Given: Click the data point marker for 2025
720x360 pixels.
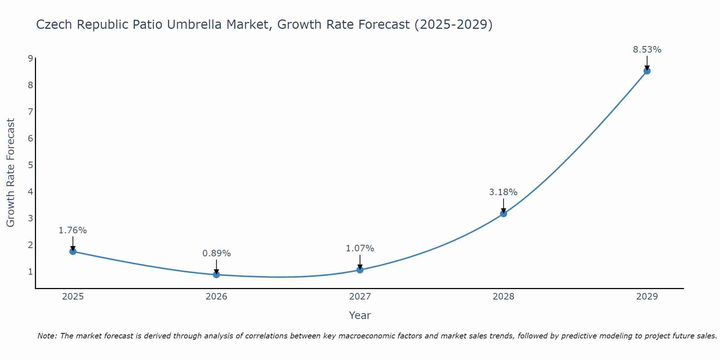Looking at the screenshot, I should tap(73, 251).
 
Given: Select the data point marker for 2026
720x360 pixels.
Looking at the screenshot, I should tap(216, 275).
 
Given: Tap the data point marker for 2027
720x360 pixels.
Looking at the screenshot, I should tap(360, 270).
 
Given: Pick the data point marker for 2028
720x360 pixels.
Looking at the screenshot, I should tap(503, 213).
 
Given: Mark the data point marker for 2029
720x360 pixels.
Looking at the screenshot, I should tap(647, 71).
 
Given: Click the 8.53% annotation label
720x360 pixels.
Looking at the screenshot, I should tap(647, 50).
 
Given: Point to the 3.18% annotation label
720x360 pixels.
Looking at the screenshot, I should tap(503, 192).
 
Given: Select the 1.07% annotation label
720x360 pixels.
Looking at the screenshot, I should tap(360, 248).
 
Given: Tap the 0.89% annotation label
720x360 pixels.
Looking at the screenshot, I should tap(216, 253).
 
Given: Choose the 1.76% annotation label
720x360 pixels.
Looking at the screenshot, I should tap(73, 230).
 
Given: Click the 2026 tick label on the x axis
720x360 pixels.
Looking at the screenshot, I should tap(216, 297).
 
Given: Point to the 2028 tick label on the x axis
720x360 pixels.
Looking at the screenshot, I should tap(503, 297).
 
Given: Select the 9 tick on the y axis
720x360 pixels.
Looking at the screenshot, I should tap(31, 58).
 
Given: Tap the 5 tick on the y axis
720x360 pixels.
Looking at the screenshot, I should tap(31, 165).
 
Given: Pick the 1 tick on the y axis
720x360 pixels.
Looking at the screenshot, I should tap(31, 271).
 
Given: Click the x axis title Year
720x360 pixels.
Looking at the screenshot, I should tap(360, 315).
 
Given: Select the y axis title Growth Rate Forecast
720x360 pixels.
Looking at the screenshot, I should tap(11, 173).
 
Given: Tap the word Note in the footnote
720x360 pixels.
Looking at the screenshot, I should tap(46, 336).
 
